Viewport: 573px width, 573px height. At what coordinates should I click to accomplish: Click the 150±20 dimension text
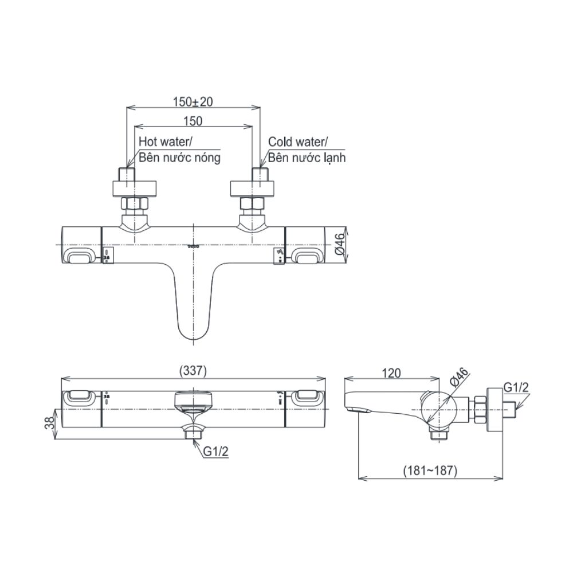pyautogui.click(x=193, y=101)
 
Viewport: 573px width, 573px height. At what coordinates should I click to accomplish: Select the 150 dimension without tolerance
pyautogui.click(x=193, y=121)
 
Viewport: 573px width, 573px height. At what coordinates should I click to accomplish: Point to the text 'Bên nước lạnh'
pyautogui.click(x=307, y=158)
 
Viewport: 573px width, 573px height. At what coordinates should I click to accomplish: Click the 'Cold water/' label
pyautogui.click(x=297, y=142)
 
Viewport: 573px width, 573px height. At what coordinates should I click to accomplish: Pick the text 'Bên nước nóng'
pyautogui.click(x=179, y=158)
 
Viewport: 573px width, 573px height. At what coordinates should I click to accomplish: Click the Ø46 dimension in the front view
pyautogui.click(x=339, y=245)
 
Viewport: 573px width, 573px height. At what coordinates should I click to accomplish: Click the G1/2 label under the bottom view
pyautogui.click(x=217, y=452)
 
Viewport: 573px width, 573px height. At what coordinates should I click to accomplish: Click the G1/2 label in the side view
pyautogui.click(x=516, y=388)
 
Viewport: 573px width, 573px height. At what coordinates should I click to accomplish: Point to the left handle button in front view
pyautogui.click(x=80, y=256)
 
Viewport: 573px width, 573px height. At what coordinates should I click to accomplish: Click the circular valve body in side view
pyautogui.click(x=439, y=408)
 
